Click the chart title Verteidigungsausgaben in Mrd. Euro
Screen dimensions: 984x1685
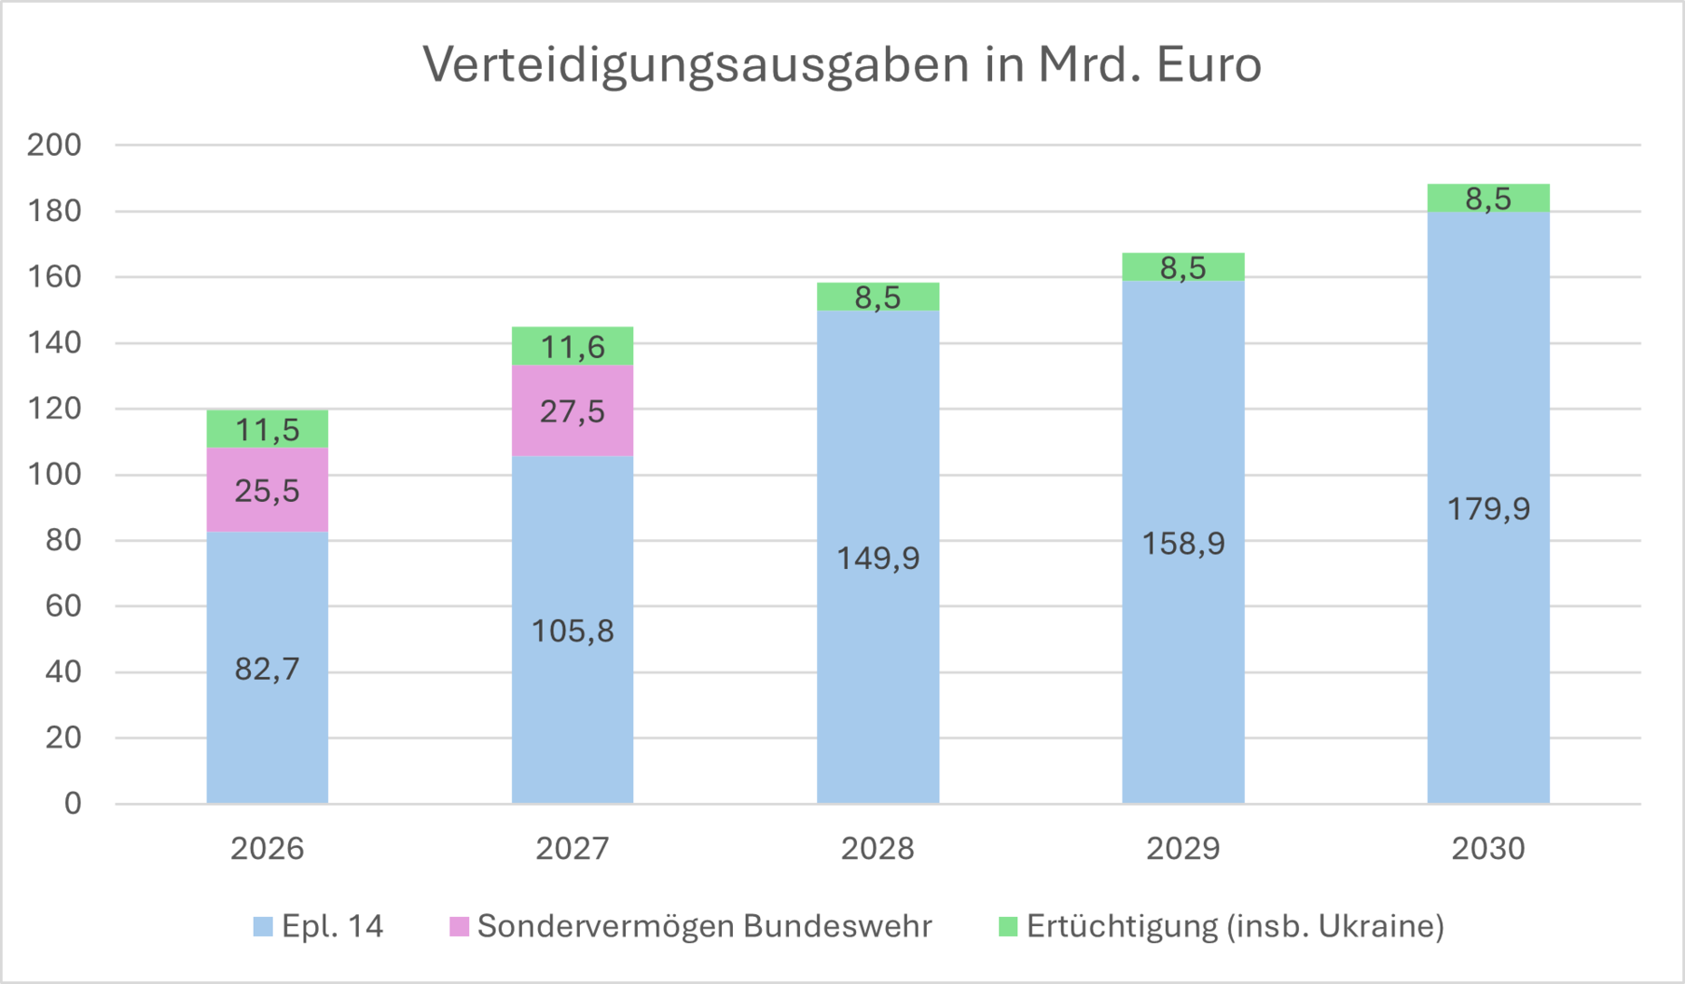click(842, 65)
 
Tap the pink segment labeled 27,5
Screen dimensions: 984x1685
click(572, 412)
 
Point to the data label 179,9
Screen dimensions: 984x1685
click(1488, 509)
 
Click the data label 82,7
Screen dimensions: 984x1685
click(266, 669)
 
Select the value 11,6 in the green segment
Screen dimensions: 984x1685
click(572, 347)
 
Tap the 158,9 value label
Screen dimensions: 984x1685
click(1182, 544)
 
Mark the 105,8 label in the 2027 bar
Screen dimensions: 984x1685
click(572, 631)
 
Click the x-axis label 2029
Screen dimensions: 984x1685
click(1182, 849)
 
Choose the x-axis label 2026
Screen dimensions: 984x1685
click(266, 849)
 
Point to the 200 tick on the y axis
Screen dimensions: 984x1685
click(54, 145)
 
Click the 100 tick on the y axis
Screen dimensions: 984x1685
click(54, 474)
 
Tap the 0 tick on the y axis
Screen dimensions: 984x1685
click(72, 803)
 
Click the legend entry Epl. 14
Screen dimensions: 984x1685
click(332, 926)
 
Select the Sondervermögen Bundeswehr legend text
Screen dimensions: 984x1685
click(704, 926)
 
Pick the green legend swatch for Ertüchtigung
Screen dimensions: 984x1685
click(1007, 926)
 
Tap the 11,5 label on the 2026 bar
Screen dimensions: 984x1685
click(266, 429)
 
